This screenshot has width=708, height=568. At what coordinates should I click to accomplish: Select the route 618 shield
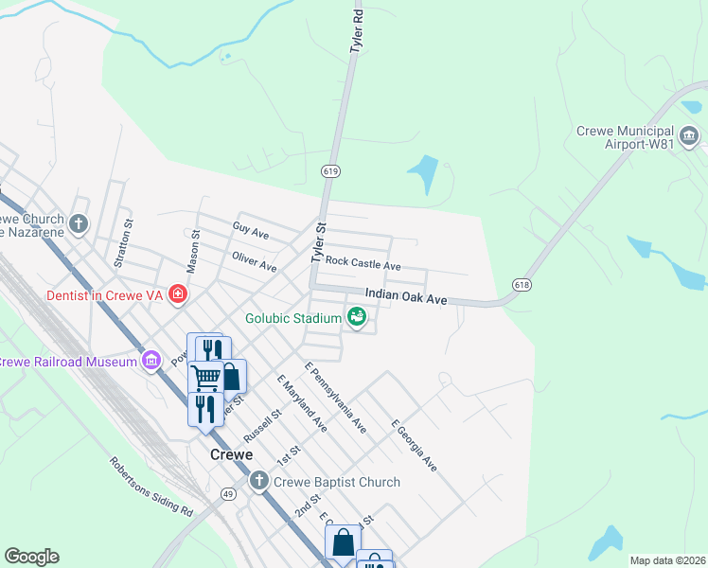[x=522, y=284]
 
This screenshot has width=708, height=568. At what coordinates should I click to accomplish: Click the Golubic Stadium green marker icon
[x=356, y=317]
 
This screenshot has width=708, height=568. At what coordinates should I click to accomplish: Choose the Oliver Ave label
[x=254, y=261]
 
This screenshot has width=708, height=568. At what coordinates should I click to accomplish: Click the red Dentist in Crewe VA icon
[x=176, y=295]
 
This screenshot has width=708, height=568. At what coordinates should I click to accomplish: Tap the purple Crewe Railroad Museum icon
[x=150, y=361]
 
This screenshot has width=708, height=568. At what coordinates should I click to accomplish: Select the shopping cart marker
[x=205, y=376]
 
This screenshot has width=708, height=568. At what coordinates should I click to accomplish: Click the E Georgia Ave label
[x=414, y=445]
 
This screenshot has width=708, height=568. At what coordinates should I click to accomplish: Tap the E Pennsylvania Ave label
[x=335, y=397]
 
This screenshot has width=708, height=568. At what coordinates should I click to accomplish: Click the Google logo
[x=31, y=557]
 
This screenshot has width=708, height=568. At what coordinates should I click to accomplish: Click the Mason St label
[x=193, y=252]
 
